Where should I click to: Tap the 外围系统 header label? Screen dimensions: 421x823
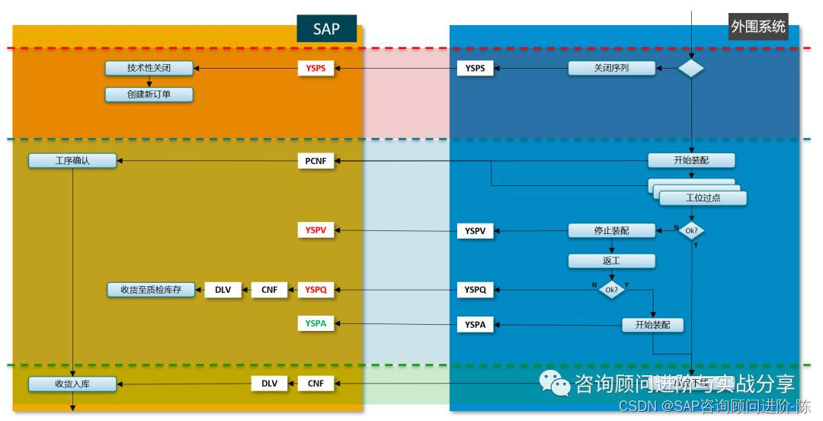[x=757, y=27]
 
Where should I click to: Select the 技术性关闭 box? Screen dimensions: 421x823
[x=149, y=69]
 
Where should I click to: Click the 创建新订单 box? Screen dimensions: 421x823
[x=149, y=95]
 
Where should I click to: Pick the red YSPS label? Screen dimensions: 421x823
[x=315, y=69]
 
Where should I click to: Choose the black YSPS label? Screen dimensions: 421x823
[x=475, y=69]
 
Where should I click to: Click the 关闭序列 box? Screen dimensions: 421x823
[x=612, y=69]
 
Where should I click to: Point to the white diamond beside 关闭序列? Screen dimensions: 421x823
[x=691, y=69]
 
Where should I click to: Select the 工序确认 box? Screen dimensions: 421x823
[x=72, y=161]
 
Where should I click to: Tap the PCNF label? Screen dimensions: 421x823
[x=315, y=161]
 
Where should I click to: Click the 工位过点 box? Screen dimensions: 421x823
[x=703, y=198]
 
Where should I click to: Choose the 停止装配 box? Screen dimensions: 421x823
[x=612, y=230]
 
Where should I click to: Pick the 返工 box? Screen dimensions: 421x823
[x=612, y=261]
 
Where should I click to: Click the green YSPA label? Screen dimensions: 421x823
[x=315, y=323]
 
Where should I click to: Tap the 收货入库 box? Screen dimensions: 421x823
[x=72, y=384]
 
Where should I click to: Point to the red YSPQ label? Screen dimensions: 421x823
[x=315, y=290]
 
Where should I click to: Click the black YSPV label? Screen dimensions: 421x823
[x=475, y=230]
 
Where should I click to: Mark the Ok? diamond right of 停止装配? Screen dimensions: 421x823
[x=691, y=230]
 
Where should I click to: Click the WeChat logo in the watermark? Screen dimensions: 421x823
[x=555, y=384]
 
